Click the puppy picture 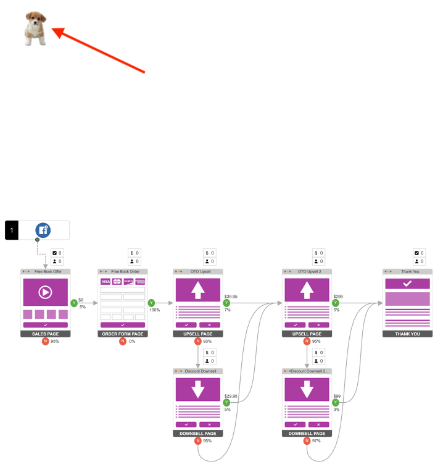(x=35, y=29)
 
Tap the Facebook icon (x=43, y=230)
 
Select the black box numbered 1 (x=12, y=230)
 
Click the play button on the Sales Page (x=45, y=292)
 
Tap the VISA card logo (x=106, y=282)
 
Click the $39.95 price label (x=231, y=297)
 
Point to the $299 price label (x=337, y=297)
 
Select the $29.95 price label (x=231, y=396)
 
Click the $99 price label (x=337, y=396)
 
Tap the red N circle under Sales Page (x=45, y=341)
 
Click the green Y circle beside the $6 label (x=74, y=303)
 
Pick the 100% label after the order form (x=154, y=310)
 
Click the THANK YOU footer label (x=407, y=334)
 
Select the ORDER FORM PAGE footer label (x=122, y=334)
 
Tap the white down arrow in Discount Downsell (x=198, y=389)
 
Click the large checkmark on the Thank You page (x=407, y=283)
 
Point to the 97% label (x=317, y=440)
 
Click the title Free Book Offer (x=48, y=272)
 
